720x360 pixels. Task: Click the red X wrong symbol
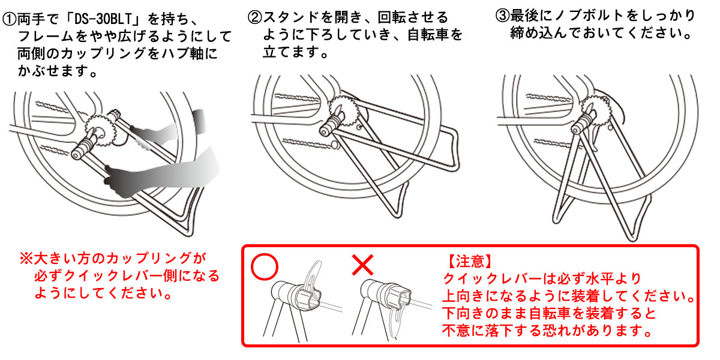(x=363, y=265)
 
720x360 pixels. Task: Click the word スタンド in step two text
(x=288, y=16)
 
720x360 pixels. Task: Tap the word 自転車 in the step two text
(x=428, y=34)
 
